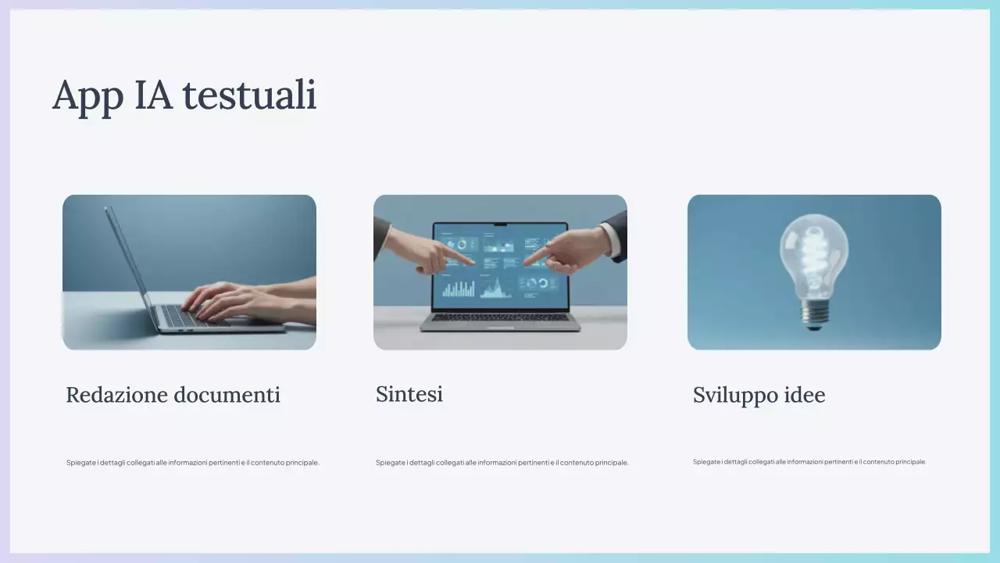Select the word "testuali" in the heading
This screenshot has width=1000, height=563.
pyautogui.click(x=249, y=95)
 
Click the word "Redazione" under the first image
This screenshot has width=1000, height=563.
pyautogui.click(x=116, y=395)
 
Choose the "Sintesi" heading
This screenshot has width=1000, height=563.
pyautogui.click(x=409, y=394)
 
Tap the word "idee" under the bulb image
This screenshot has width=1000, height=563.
pyautogui.click(x=804, y=395)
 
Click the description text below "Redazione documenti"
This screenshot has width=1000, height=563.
pyautogui.click(x=193, y=463)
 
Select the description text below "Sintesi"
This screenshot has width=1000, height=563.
pyautogui.click(x=502, y=463)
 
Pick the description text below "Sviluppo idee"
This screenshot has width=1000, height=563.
pyautogui.click(x=809, y=462)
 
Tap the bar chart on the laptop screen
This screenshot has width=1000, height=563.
pyautogui.click(x=459, y=290)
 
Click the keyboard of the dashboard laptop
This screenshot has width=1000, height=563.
pyautogui.click(x=500, y=317)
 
